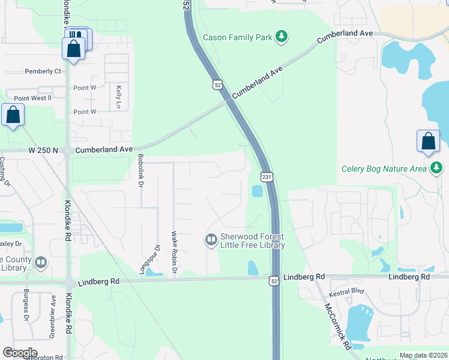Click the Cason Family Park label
[237, 37]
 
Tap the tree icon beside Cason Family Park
[281, 37]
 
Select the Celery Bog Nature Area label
[383, 169]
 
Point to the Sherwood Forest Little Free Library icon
[211, 241]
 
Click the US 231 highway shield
[267, 176]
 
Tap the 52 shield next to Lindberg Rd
[274, 280]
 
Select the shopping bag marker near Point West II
[13, 115]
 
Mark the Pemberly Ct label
[43, 71]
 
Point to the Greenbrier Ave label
[53, 315]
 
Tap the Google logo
[20, 353]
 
